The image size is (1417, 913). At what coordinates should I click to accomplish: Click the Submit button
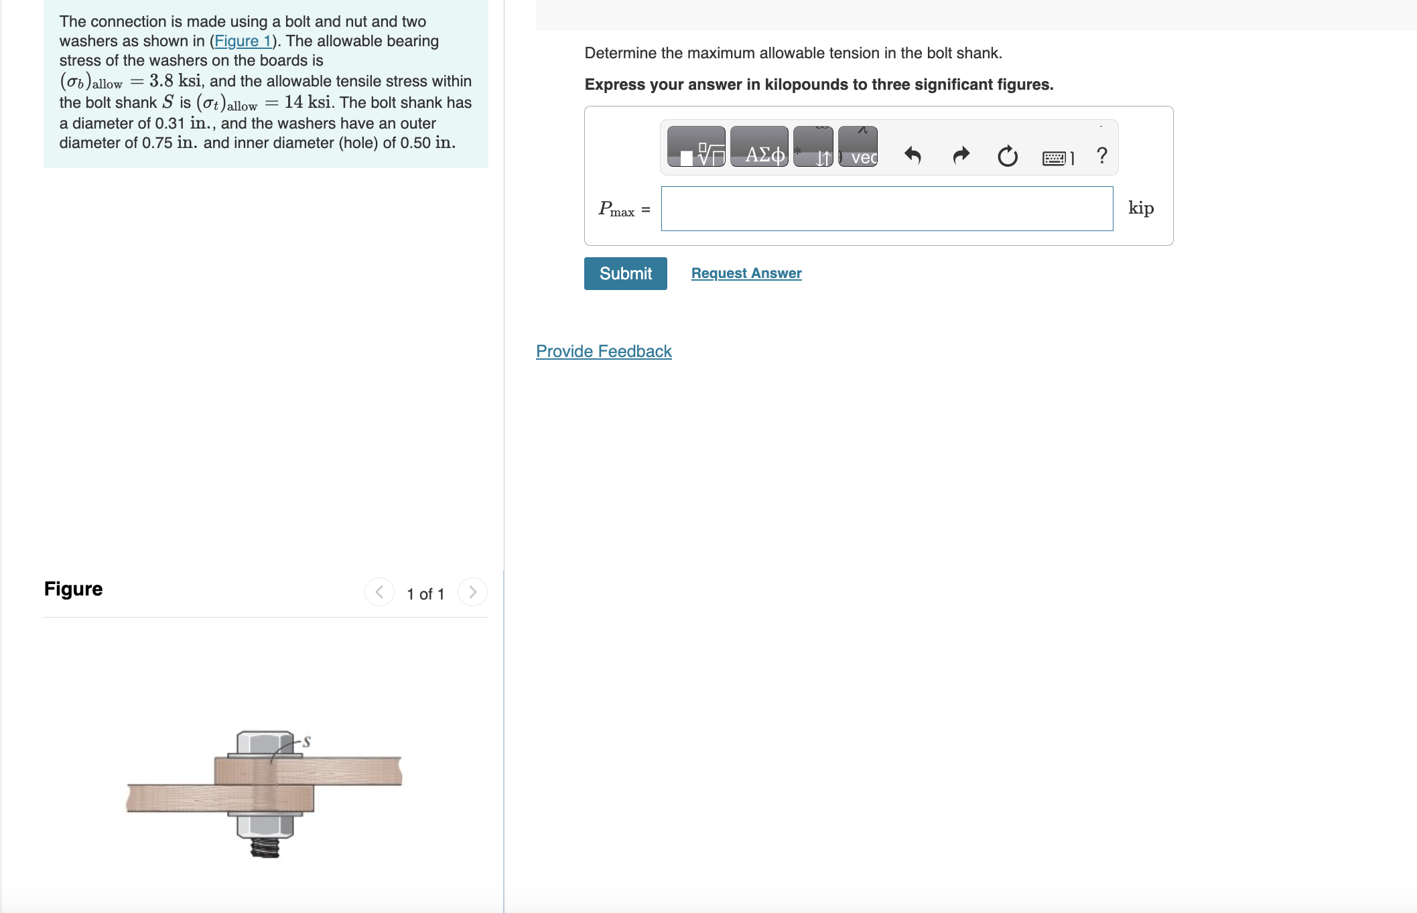(x=625, y=273)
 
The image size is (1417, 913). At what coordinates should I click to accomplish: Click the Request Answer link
(x=746, y=273)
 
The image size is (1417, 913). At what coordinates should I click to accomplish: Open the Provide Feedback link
(x=603, y=351)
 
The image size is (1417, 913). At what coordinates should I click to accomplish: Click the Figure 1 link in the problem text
(x=243, y=41)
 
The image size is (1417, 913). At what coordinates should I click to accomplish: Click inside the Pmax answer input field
(x=886, y=209)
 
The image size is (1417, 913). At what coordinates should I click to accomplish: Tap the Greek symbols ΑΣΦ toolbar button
(x=759, y=147)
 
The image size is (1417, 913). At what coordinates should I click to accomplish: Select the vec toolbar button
(x=858, y=147)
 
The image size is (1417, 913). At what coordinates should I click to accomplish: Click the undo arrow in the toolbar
(x=913, y=156)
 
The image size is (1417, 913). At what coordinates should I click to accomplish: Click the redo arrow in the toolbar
(x=961, y=156)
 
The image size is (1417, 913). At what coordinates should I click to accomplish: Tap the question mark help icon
(x=1102, y=156)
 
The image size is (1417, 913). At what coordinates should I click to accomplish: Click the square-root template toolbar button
(x=697, y=147)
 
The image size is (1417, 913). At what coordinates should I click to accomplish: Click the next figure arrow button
(x=472, y=592)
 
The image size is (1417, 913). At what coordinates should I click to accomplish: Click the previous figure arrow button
(x=379, y=592)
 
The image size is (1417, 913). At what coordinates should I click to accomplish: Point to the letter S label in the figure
(x=306, y=742)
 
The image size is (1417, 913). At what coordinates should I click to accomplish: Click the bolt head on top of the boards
(x=265, y=743)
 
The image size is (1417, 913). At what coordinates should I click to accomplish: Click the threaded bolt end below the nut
(x=265, y=848)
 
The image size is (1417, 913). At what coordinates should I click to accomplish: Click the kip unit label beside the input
(x=1140, y=208)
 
